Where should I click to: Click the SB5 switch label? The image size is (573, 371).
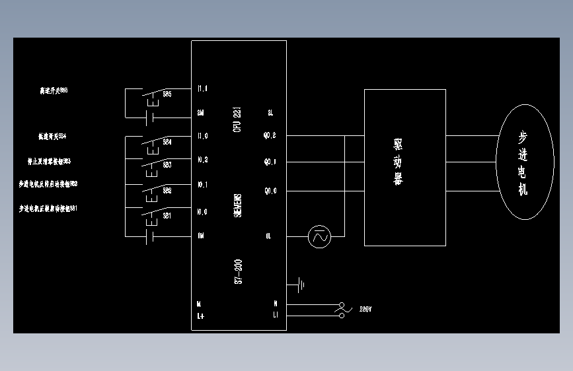[167, 94]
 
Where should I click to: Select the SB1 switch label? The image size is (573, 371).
[167, 215]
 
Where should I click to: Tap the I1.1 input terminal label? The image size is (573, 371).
[202, 88]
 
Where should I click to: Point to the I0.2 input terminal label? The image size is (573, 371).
[202, 160]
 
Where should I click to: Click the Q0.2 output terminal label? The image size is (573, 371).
[270, 137]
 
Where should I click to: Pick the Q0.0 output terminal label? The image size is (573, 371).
[270, 191]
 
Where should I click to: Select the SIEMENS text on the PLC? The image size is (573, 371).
[238, 205]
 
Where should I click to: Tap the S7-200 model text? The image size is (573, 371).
[238, 271]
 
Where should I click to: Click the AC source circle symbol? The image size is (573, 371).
[320, 236]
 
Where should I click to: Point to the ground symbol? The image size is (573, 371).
[301, 285]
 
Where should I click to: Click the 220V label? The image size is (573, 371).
[365, 309]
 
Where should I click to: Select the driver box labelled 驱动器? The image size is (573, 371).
[404, 167]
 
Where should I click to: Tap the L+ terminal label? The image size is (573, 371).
[201, 315]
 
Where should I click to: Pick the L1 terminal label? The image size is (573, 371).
[276, 315]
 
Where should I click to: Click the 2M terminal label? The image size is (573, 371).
[201, 112]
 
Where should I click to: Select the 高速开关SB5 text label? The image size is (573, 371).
[54, 90]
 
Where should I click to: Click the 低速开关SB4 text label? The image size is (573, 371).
[52, 137]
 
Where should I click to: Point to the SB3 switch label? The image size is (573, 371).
[167, 164]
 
